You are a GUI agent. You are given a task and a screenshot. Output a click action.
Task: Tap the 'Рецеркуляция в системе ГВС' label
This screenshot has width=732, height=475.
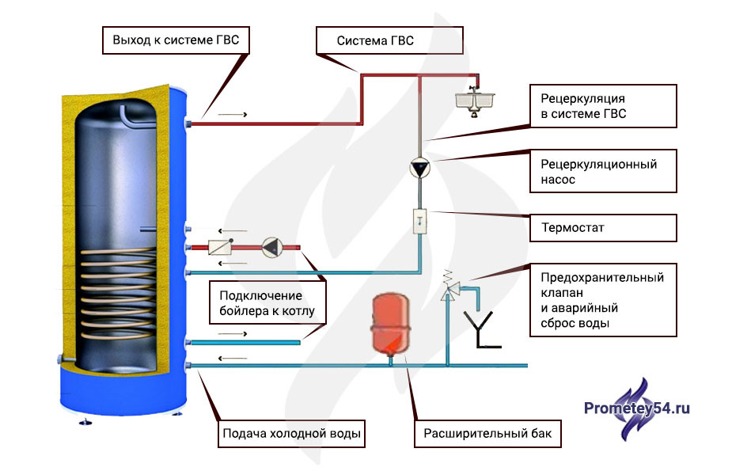pos(603,107)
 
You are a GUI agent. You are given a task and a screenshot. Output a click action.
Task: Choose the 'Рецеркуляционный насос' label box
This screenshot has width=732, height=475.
pos(603,172)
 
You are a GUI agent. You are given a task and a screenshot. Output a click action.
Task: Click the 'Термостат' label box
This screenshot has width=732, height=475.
pos(603,228)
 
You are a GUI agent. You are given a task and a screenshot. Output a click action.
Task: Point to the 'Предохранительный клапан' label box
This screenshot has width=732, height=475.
pos(603,300)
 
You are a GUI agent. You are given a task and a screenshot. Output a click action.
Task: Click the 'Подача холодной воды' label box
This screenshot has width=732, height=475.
pos(292,433)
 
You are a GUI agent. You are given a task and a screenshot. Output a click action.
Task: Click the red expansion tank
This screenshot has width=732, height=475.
pos(389,322)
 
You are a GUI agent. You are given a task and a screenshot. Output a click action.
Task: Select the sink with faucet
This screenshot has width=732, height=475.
pos(475,99)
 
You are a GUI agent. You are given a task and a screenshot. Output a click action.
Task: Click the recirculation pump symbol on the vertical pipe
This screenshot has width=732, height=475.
pos(419,169)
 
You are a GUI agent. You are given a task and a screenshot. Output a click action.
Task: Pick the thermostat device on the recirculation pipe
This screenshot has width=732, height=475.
pos(419,221)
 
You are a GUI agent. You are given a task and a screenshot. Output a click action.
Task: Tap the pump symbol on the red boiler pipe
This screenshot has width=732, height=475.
pos(271,248)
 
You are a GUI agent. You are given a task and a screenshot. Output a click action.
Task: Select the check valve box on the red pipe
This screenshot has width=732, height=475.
pos(220,248)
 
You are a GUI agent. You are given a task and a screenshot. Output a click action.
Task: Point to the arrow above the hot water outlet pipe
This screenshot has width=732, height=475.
pos(233,115)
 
